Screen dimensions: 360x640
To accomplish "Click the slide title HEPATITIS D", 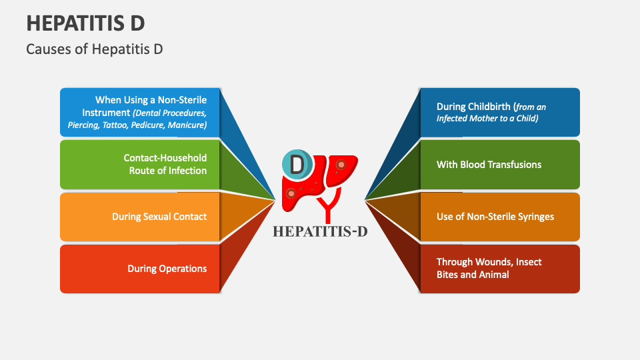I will pos(85,22).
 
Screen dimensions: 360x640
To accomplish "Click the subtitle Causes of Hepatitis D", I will pos(94,49).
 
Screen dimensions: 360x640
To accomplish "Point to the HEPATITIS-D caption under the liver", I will pos(319,231).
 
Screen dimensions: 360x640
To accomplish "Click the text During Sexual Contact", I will pos(159,217).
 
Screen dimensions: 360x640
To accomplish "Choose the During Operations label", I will pos(167,269).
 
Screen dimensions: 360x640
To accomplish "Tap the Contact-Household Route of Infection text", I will pos(165,164).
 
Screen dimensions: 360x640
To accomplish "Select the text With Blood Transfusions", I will pos(489,164).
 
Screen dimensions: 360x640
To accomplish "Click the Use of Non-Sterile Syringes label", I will pos(495,217).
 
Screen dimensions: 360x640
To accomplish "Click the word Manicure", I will pos(187,125).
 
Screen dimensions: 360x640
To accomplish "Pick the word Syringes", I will pos(533,217).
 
